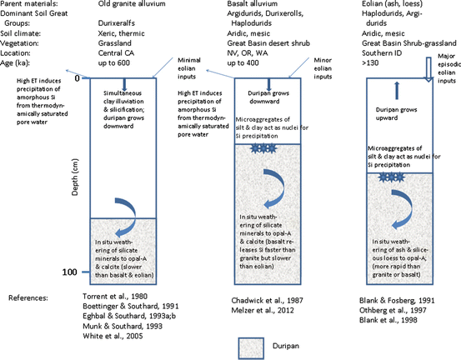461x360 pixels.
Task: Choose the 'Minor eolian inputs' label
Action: point(323,66)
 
